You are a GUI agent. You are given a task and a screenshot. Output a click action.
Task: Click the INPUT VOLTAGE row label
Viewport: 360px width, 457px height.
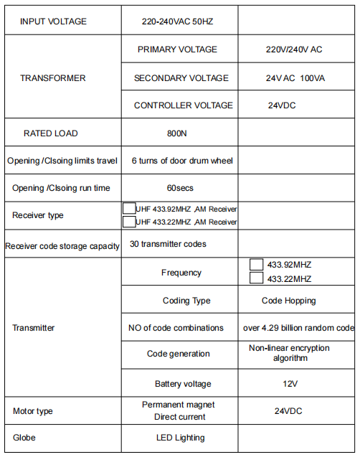[x=54, y=22]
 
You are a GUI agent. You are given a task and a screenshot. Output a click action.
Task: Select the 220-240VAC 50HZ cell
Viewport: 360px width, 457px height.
[x=177, y=22]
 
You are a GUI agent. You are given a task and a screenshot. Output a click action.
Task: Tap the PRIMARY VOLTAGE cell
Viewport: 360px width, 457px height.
[x=177, y=50]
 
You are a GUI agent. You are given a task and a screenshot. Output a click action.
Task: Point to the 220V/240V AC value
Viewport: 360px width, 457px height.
[x=294, y=50]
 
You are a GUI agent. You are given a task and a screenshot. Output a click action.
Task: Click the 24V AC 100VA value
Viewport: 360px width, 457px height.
[x=294, y=77]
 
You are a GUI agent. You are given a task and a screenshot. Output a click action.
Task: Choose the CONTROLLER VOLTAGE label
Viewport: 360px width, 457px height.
[x=184, y=105]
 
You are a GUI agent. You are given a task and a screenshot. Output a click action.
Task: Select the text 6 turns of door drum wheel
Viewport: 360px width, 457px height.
[x=182, y=161]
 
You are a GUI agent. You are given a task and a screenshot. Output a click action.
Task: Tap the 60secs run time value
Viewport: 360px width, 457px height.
[x=180, y=188]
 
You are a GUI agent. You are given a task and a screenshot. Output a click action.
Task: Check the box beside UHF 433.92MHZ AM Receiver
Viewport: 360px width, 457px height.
[x=129, y=208]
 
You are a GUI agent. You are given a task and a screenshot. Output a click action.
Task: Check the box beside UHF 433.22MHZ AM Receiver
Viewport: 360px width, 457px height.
[x=129, y=222]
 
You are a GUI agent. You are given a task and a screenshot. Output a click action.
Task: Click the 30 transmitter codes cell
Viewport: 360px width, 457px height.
[x=168, y=244]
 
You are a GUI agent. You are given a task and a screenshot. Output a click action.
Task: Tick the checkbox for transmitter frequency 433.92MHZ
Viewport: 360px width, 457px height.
[x=256, y=264]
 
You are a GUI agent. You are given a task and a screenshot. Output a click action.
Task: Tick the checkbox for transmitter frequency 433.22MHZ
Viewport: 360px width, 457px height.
[x=256, y=278]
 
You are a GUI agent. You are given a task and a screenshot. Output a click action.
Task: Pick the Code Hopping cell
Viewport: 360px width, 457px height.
[x=288, y=301]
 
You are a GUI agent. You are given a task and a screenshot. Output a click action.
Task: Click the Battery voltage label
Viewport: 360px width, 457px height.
[x=183, y=384]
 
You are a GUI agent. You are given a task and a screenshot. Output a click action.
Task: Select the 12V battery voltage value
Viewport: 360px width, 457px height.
[x=290, y=384]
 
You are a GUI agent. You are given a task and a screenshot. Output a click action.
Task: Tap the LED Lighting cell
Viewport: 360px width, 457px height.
[x=180, y=438]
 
